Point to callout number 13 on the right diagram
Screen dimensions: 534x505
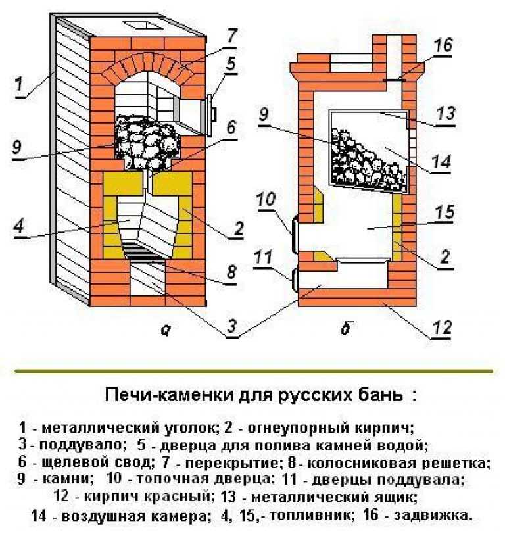pyautogui.click(x=446, y=114)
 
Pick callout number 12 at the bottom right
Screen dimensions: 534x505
pyautogui.click(x=444, y=326)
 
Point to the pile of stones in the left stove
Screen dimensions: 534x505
pyautogui.click(x=146, y=141)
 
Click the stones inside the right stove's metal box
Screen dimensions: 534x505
pyautogui.click(x=365, y=157)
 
